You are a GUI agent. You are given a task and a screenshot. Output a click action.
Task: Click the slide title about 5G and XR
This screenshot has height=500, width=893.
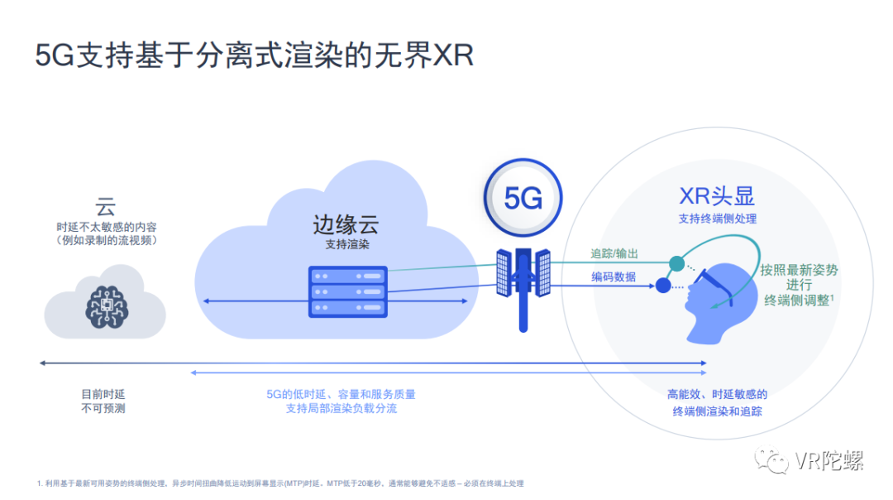click(255, 55)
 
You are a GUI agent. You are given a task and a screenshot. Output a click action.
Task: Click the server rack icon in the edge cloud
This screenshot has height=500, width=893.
click(347, 291)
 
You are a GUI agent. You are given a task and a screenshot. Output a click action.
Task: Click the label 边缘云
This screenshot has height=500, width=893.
click(346, 224)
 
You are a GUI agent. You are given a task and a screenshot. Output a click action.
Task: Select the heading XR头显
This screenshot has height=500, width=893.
click(717, 196)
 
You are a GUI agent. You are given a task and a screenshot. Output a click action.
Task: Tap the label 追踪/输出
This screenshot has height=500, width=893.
click(614, 253)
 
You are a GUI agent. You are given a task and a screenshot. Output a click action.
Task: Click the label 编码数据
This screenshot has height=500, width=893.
click(614, 276)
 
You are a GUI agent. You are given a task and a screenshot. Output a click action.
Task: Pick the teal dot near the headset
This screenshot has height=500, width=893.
click(676, 263)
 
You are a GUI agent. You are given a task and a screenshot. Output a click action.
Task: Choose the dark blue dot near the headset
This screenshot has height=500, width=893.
click(662, 286)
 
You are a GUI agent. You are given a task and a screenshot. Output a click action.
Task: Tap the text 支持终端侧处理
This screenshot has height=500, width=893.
click(717, 219)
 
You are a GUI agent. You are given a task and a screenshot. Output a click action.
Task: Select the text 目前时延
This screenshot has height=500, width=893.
click(103, 394)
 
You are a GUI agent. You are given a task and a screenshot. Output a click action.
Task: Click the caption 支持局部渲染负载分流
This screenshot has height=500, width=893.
click(341, 409)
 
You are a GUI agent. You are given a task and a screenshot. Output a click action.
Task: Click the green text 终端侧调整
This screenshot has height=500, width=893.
click(796, 300)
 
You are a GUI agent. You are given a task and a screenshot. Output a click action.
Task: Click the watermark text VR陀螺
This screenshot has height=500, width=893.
click(829, 461)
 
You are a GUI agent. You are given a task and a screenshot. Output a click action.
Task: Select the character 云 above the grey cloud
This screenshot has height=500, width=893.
click(105, 205)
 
